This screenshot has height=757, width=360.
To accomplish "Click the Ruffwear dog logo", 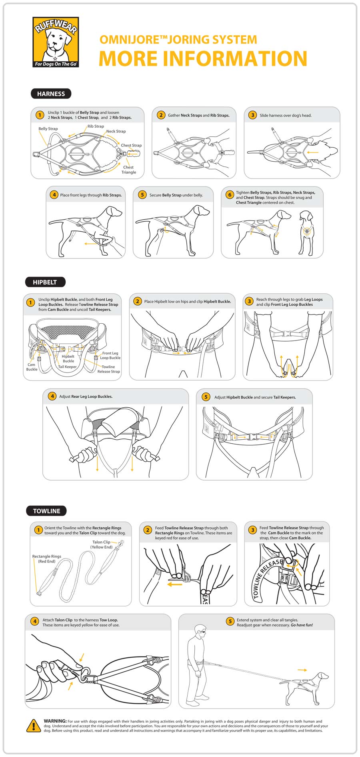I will [56, 42].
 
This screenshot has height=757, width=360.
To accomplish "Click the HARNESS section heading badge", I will [51, 94].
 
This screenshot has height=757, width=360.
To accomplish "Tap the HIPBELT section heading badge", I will [45, 282].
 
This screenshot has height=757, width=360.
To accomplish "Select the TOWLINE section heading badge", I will [46, 511].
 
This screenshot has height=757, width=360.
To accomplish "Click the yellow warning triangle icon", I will [33, 725].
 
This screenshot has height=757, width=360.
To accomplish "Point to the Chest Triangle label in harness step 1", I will [128, 170].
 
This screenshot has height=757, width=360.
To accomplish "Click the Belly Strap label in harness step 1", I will [48, 129].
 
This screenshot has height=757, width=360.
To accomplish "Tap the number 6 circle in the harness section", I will [230, 195].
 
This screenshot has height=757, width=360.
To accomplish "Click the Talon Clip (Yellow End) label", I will [102, 545].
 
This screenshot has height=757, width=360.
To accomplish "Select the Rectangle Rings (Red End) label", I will [47, 559].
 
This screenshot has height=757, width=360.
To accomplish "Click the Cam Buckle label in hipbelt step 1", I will [32, 367].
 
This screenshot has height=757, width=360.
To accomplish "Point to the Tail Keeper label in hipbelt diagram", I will [67, 366].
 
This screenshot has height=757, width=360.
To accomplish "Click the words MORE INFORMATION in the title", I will [203, 59].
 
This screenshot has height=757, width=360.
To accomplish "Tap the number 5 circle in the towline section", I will [230, 621].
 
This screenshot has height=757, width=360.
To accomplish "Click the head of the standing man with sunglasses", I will [200, 631].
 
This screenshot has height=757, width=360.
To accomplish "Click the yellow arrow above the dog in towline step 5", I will [302, 670].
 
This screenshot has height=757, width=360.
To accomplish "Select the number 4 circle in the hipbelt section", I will [52, 396].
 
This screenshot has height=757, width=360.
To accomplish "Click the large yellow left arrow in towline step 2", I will [175, 585].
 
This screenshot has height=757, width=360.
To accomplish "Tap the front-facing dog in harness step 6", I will [307, 232].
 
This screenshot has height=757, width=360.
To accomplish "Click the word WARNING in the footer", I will [55, 721].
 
